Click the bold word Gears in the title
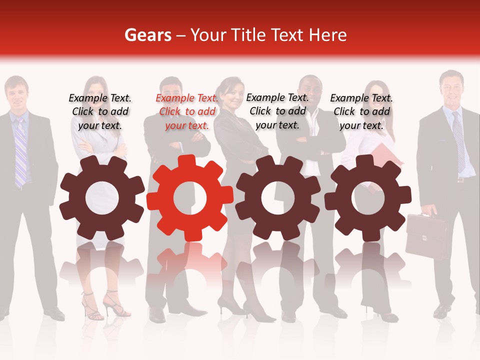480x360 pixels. (x=147, y=35)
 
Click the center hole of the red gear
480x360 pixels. (x=190, y=198)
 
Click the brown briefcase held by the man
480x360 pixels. (x=426, y=236)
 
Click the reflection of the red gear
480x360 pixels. (x=190, y=260)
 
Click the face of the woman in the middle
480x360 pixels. (x=232, y=95)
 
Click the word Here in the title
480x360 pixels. (x=327, y=35)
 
